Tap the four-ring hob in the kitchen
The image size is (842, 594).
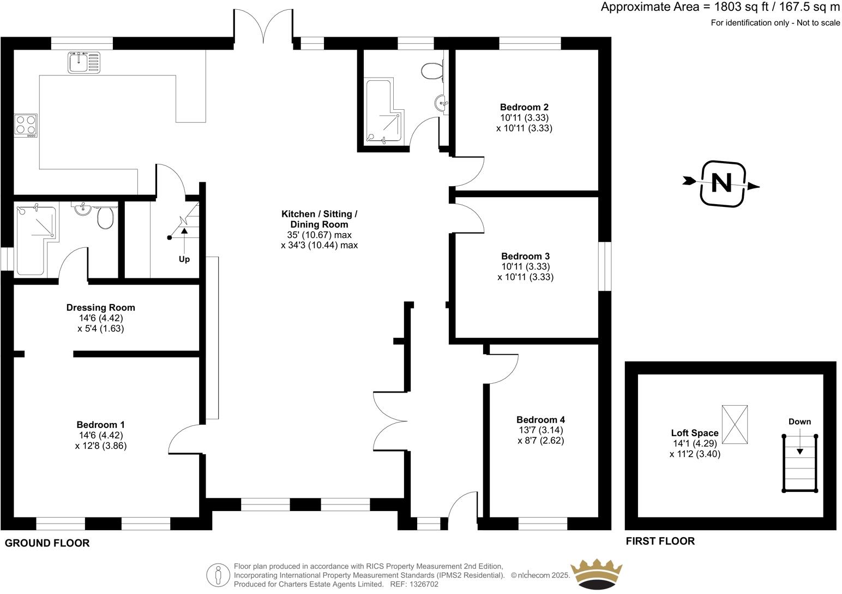point(26,125)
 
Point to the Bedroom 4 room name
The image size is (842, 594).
point(540,420)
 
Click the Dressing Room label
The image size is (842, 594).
point(100,307)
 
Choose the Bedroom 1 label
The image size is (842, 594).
point(100,425)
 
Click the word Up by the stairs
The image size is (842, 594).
point(184,259)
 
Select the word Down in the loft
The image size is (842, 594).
point(799,421)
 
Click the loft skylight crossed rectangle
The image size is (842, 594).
point(735,425)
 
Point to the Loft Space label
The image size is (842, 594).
point(695,433)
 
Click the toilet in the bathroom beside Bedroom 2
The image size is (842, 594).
point(431,71)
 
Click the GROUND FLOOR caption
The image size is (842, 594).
point(47,543)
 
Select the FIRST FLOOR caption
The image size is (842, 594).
point(660,541)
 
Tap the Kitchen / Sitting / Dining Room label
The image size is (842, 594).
point(319,219)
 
